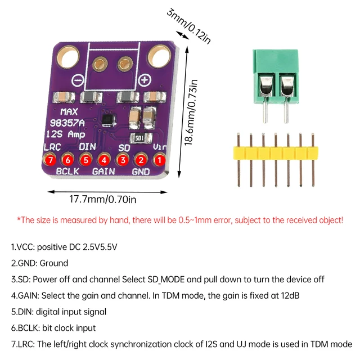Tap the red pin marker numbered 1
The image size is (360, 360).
pyautogui.click(x=160, y=160)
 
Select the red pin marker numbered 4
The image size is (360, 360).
pyautogui.click(x=105, y=160)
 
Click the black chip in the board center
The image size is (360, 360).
pyautogui.click(x=107, y=119)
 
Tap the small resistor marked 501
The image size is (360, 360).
pyautogui.click(x=139, y=138)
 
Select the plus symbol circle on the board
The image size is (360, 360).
pyautogui.click(x=145, y=80)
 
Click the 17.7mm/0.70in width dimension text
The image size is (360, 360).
pyautogui.click(x=103, y=199)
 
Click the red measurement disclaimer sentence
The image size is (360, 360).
pyautogui.click(x=179, y=220)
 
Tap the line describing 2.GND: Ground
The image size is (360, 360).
pyautogui.click(x=39, y=263)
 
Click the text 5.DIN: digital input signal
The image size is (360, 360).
pyautogui.click(x=58, y=311)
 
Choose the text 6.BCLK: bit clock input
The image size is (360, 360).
pyautogui.click(x=53, y=327)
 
